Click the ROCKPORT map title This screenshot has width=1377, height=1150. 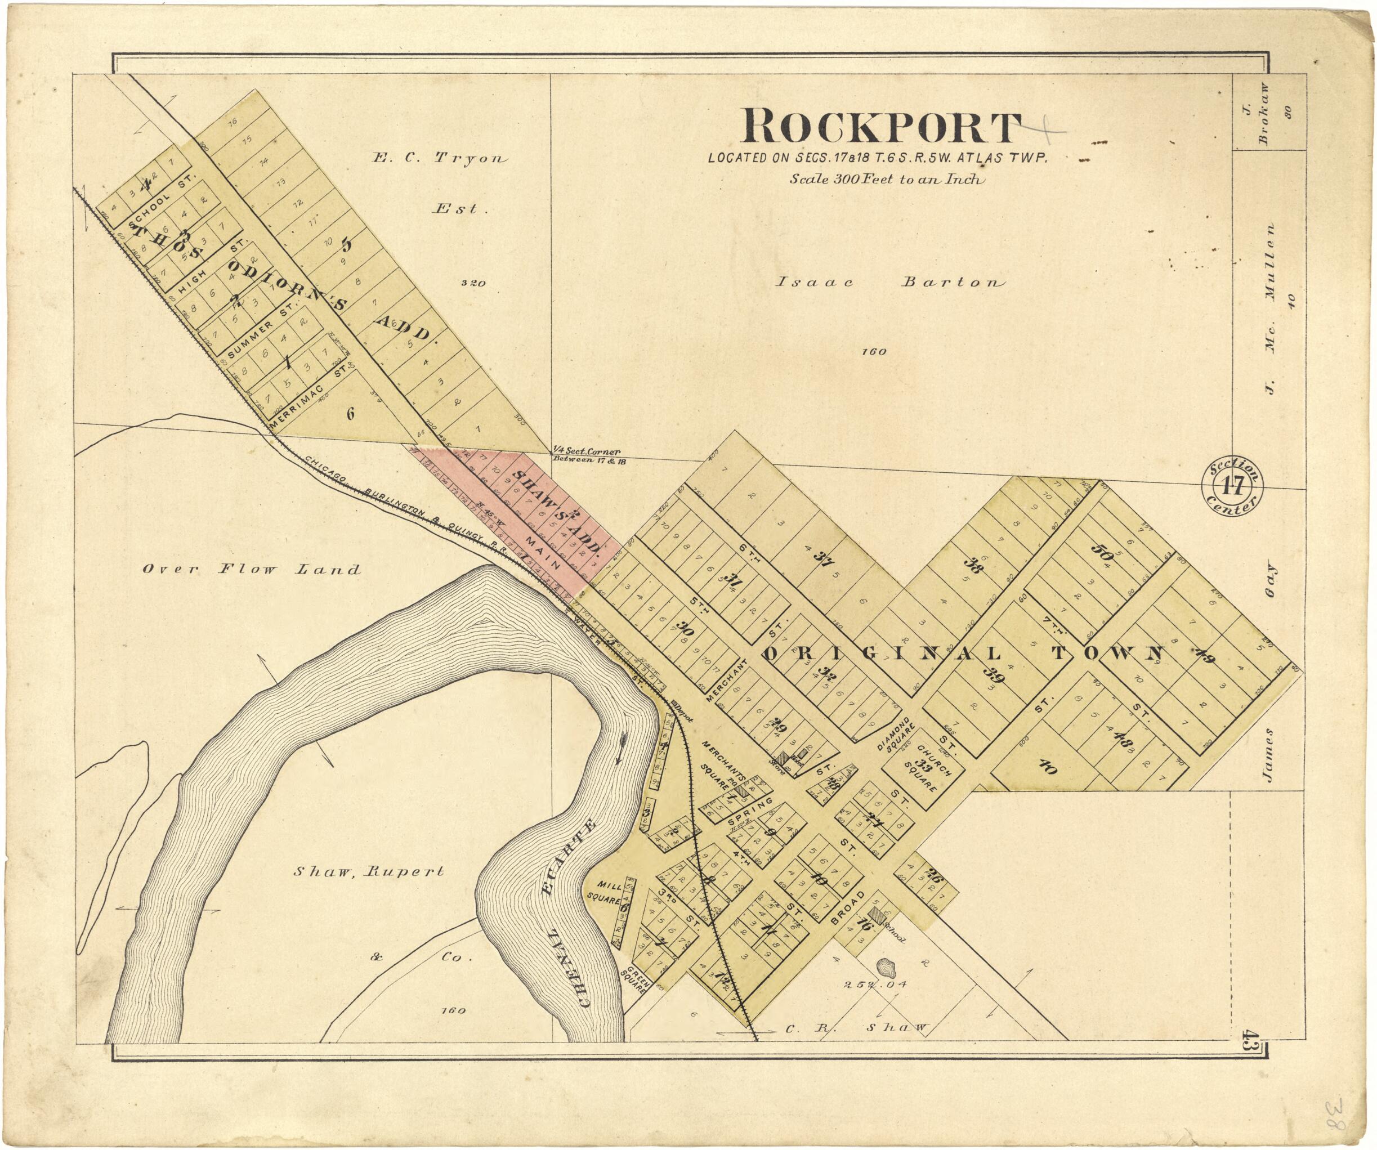(880, 128)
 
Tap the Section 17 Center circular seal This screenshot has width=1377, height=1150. (1232, 486)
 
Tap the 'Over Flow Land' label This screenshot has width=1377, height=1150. (251, 569)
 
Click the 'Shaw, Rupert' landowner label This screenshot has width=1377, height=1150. (369, 871)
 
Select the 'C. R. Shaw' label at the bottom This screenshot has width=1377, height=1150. (856, 1027)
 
